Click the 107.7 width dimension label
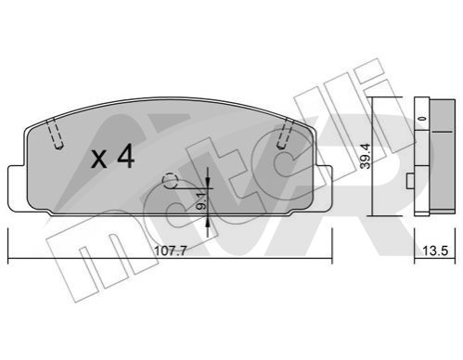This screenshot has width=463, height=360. click(171, 251)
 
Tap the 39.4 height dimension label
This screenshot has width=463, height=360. click(366, 156)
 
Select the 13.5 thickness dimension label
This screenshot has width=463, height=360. click(435, 251)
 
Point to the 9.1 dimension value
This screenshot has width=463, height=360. click(201, 201)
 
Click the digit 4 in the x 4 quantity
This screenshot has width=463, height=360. click(125, 157)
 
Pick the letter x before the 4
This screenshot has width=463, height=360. click(99, 161)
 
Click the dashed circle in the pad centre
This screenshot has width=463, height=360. click(170, 181)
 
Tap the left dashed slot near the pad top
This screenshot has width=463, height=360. click(56, 133)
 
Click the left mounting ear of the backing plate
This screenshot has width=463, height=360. click(17, 188)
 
